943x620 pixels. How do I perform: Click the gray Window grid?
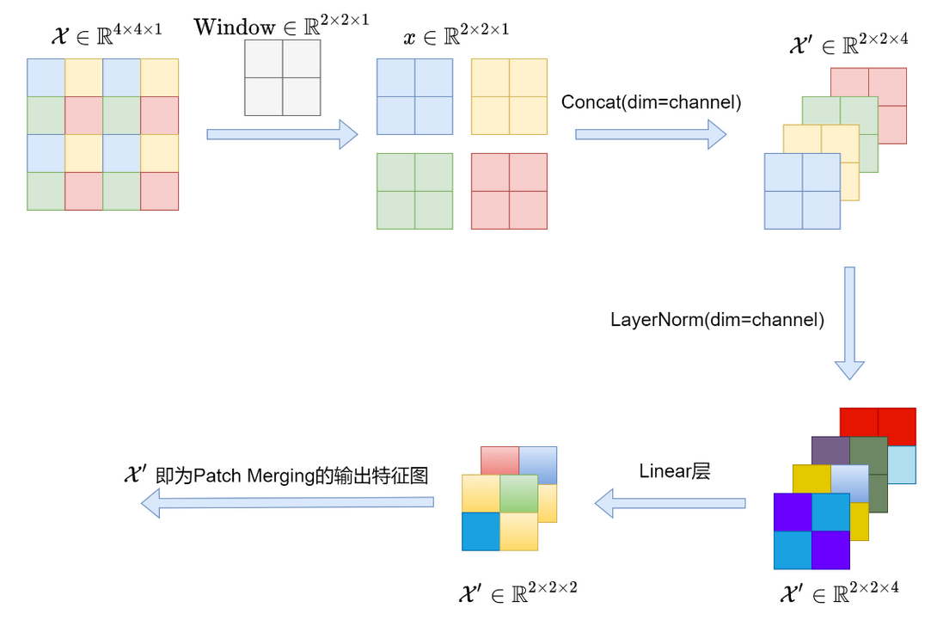pos(282,78)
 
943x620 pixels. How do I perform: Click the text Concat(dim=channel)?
pos(652,101)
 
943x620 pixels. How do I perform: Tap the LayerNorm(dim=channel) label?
pos(718,320)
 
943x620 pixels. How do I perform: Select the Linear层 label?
pos(675,471)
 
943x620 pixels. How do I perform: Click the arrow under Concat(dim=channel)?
pos(651,133)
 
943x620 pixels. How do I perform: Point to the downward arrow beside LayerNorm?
pos(849,322)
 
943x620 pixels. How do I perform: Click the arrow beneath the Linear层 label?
pos(671,502)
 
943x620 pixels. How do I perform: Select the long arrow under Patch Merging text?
pos(287,502)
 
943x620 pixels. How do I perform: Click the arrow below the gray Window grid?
pos(282,133)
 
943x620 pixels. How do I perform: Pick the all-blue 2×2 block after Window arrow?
pos(414,96)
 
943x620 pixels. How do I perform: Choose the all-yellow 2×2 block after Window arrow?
pos(509,96)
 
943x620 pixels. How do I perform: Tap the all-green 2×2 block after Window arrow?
pos(414,191)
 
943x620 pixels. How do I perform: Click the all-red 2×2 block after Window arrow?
pos(509,191)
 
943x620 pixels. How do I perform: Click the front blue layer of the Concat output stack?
pos(802,191)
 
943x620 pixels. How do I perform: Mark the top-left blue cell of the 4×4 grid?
pos(46,77)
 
